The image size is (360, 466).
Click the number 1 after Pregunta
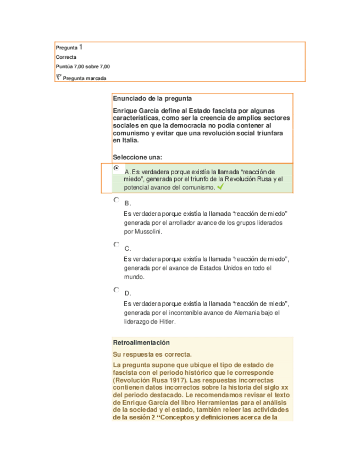pos(81,47)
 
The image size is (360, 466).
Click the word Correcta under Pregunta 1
pos(66,57)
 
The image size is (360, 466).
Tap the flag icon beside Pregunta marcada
pos(59,77)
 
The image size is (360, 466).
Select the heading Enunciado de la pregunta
pos(152,99)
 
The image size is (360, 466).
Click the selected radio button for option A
pos(116,168)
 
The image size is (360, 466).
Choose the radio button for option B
pos(116,201)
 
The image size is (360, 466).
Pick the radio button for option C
pos(116,245)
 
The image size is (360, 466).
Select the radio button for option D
pos(116,290)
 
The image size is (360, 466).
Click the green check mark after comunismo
pos(220,187)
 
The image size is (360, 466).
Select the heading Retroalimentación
pos(141,342)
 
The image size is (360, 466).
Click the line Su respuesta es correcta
pos(152,354)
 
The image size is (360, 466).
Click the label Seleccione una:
pos(137,157)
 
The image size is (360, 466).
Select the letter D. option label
pos(128,293)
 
